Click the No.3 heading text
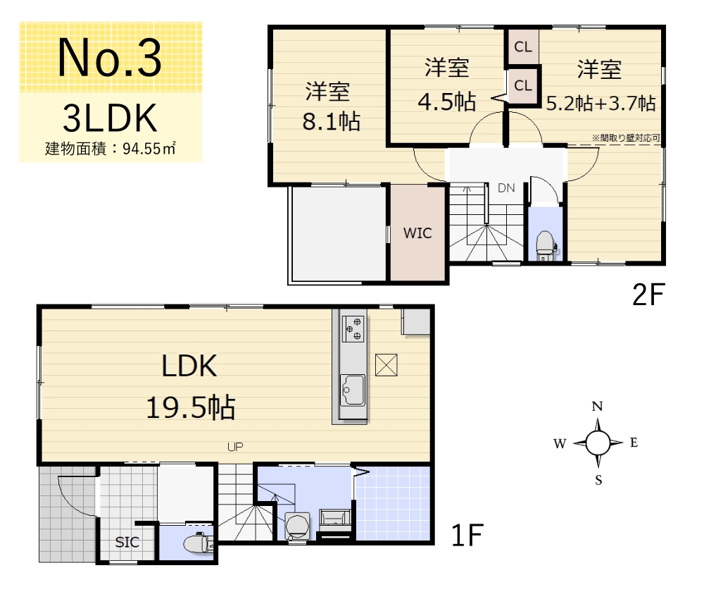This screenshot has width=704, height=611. pyautogui.click(x=110, y=58)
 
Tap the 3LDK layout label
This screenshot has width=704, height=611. pyautogui.click(x=110, y=118)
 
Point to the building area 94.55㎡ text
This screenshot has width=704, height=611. pyautogui.click(x=110, y=149)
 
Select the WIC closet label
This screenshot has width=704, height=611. pyautogui.click(x=417, y=233)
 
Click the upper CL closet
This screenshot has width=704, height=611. pyautogui.click(x=523, y=47)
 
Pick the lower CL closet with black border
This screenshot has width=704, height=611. pyautogui.click(x=523, y=86)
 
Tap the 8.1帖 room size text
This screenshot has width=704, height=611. pyautogui.click(x=332, y=121)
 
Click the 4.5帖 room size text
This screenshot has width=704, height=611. pyautogui.click(x=447, y=101)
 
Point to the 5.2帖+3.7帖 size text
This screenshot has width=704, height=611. pyautogui.click(x=601, y=104)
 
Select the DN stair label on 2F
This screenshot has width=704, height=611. pyautogui.click(x=506, y=188)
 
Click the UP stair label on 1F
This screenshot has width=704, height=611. pyautogui.click(x=235, y=447)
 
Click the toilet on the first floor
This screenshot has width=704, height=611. pyautogui.click(x=199, y=543)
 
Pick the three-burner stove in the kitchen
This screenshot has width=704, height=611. pyautogui.click(x=353, y=328)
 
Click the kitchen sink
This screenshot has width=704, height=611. pyautogui.click(x=353, y=389)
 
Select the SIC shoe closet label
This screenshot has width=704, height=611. pyautogui.click(x=127, y=542)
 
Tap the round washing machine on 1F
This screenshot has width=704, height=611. pyautogui.click(x=297, y=526)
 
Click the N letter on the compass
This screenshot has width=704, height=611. pyautogui.click(x=597, y=407)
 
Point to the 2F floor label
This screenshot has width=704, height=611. pyautogui.click(x=648, y=295)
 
